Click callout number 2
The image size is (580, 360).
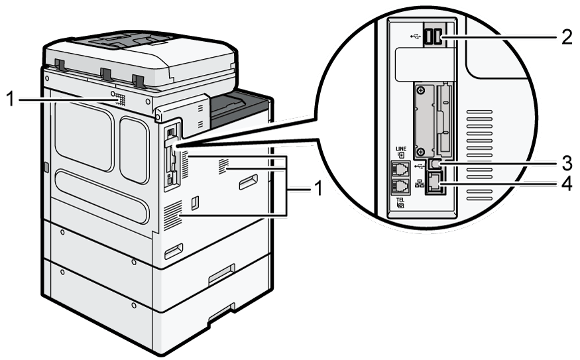tap(567, 37)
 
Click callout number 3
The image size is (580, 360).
tap(567, 163)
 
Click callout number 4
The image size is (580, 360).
tap(567, 184)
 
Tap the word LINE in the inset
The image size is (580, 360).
tap(401, 149)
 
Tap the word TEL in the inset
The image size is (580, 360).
tap(400, 200)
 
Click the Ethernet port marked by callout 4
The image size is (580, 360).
tap(435, 184)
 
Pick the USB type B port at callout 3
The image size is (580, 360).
tap(435, 164)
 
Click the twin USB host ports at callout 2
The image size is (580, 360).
tap(433, 37)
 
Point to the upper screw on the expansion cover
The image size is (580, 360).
tap(420, 90)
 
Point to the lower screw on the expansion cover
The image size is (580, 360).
tap(420, 151)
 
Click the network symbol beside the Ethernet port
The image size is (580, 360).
tap(420, 183)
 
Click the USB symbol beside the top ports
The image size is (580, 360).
tap(416, 36)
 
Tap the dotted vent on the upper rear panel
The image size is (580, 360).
tap(119, 99)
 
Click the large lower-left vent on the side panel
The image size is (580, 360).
tap(173, 215)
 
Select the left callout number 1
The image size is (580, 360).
tap(11, 99)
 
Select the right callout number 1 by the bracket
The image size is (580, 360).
tap(318, 189)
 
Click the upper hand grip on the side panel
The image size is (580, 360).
tap(248, 182)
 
